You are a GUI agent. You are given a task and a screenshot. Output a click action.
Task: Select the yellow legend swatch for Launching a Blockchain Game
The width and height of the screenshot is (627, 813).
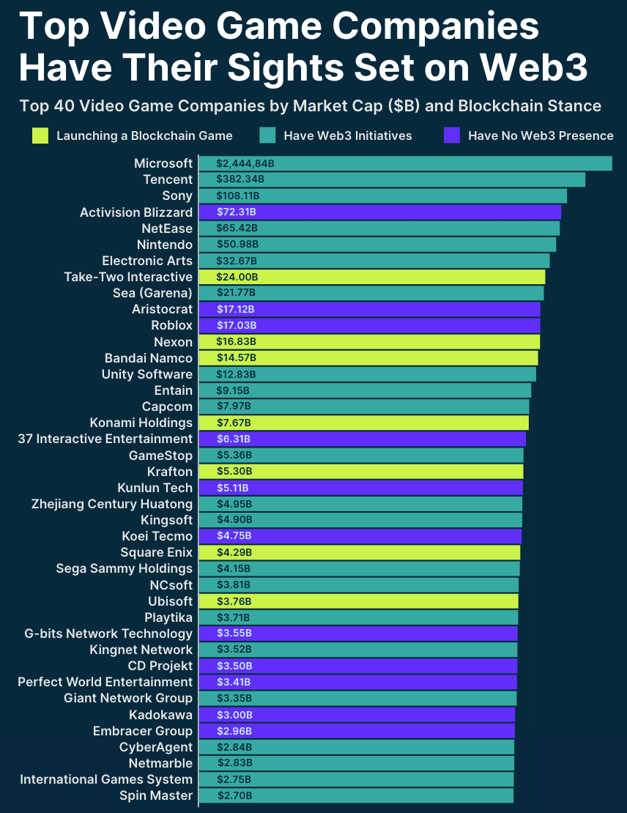(x=41, y=135)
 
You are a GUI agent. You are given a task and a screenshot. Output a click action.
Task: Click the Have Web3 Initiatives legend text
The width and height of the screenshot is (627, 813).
(x=347, y=135)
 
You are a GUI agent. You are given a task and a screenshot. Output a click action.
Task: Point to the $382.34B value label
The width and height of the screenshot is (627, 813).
(x=240, y=179)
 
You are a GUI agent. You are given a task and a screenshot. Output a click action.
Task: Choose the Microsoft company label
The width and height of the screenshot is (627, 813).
(x=163, y=163)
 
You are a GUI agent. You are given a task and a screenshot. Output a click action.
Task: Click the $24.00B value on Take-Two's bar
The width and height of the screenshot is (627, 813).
(x=237, y=277)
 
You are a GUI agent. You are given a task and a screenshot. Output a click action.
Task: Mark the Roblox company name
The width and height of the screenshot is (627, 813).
(x=171, y=325)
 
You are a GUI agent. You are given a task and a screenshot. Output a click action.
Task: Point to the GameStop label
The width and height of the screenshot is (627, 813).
(x=160, y=455)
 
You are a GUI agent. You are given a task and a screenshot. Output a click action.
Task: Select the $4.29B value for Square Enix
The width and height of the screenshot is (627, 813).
(x=234, y=552)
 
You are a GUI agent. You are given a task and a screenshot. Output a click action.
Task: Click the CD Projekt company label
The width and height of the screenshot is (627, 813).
(x=160, y=666)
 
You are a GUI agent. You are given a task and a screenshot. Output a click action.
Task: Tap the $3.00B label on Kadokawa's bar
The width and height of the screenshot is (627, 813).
(x=234, y=715)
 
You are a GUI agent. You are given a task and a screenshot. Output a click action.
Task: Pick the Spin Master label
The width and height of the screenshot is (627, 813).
(x=156, y=795)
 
